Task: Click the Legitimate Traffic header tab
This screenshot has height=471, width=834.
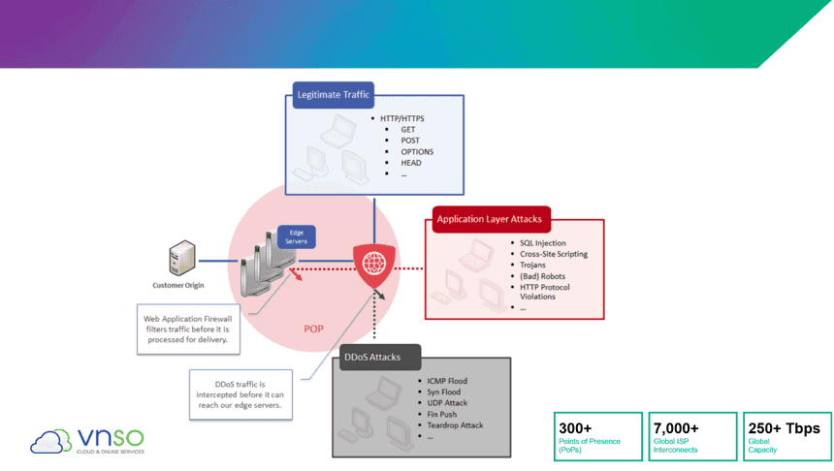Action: pyautogui.click(x=334, y=95)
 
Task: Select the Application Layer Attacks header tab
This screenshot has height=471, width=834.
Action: pyautogui.click(x=491, y=219)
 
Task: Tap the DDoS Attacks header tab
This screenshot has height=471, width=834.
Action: pyautogui.click(x=380, y=357)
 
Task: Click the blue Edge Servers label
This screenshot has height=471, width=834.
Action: pyautogui.click(x=296, y=237)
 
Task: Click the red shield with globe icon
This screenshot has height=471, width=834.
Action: pyautogui.click(x=374, y=265)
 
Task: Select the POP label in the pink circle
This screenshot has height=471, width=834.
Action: pyautogui.click(x=313, y=330)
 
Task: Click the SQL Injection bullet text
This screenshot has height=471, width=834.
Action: pyautogui.click(x=542, y=243)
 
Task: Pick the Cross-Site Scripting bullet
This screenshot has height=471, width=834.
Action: pyautogui.click(x=554, y=254)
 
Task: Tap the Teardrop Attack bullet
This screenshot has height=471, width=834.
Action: pyautogui.click(x=455, y=425)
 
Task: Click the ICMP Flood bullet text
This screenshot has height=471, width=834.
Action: pyautogui.click(x=447, y=381)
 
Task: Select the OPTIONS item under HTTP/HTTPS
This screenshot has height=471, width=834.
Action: pyautogui.click(x=417, y=151)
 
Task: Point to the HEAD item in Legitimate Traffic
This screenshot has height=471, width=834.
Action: pyautogui.click(x=411, y=163)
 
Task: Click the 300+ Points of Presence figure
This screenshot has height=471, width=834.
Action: pyautogui.click(x=597, y=436)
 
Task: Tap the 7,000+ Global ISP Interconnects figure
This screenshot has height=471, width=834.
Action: pyautogui.click(x=692, y=436)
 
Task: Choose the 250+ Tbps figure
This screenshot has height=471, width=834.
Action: pyautogui.click(x=787, y=436)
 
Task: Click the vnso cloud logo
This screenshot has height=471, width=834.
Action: pyautogui.click(x=87, y=441)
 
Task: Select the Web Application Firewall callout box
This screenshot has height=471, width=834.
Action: pyautogui.click(x=188, y=330)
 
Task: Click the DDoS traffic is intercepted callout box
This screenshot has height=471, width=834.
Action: pyautogui.click(x=241, y=394)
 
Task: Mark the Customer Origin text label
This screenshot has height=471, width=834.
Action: pyautogui.click(x=178, y=285)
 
